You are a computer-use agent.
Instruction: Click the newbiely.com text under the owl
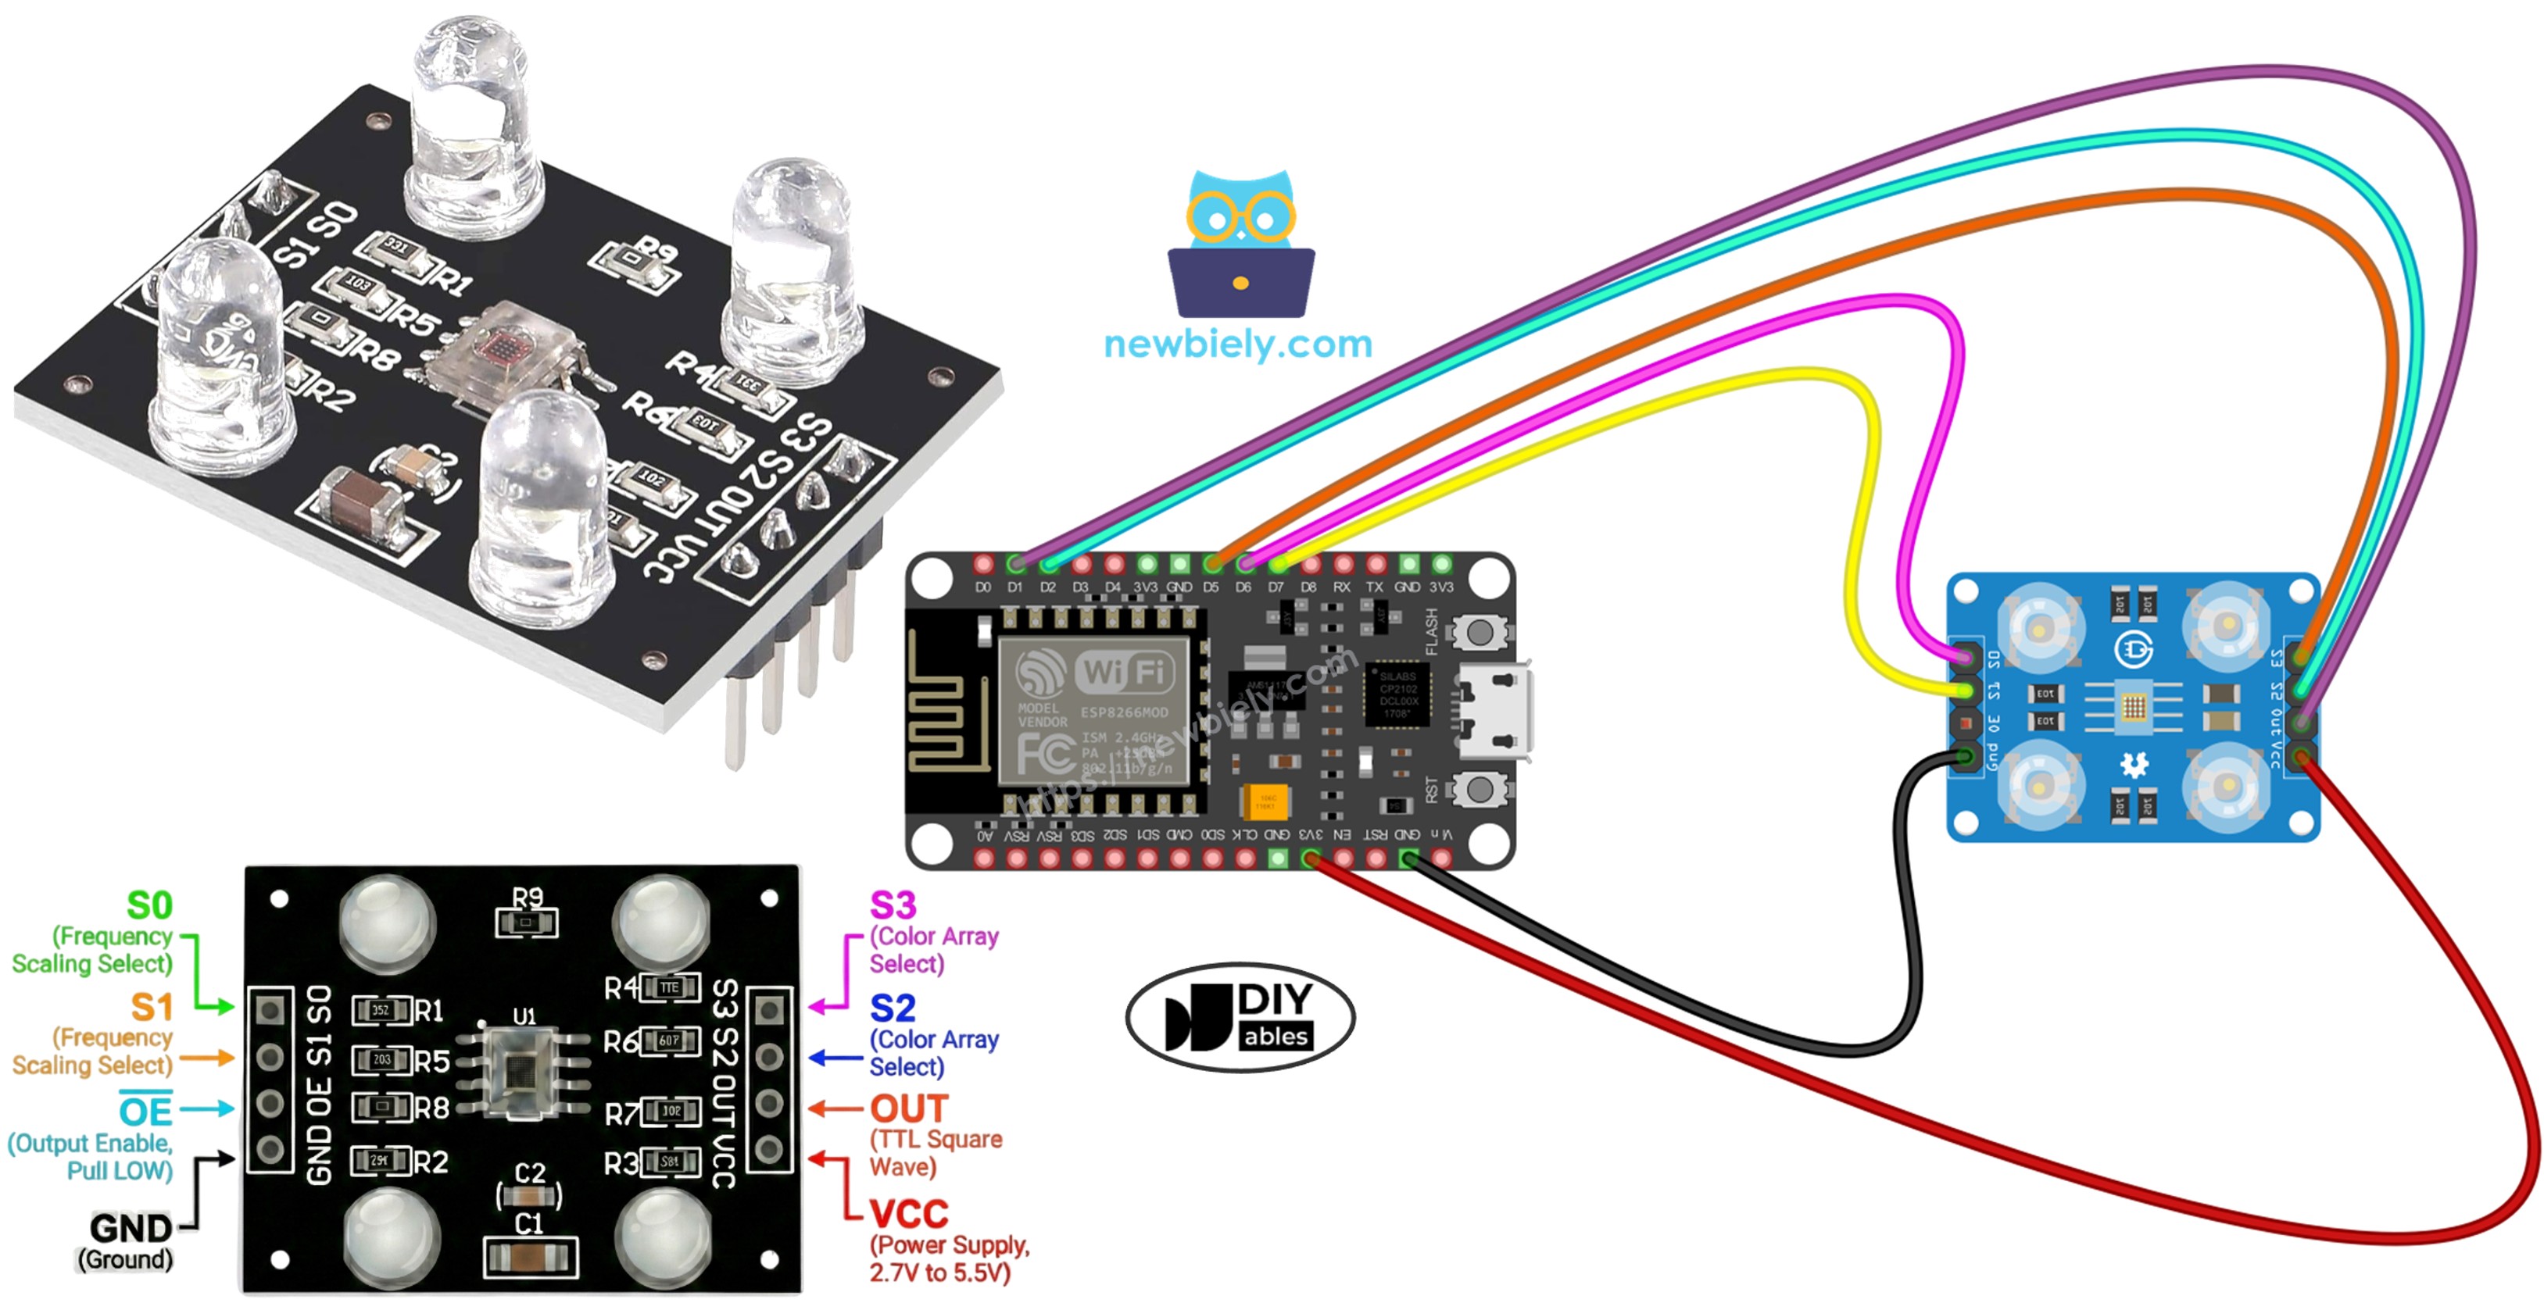[x=1237, y=344]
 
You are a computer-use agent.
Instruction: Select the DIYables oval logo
[x=1240, y=1017]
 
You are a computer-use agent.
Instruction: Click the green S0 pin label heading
[x=149, y=905]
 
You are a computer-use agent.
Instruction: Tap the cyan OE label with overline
[x=145, y=1112]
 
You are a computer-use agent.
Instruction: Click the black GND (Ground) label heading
[x=131, y=1228]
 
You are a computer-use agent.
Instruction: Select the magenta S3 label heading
[x=892, y=905]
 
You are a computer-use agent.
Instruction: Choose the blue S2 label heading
[x=892, y=1008]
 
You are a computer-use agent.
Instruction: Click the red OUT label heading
[x=908, y=1108]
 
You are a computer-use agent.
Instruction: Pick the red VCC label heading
[x=908, y=1213]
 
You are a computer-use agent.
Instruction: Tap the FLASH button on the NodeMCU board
[x=1480, y=633]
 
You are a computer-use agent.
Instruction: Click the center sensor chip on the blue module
[x=2133, y=707]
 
